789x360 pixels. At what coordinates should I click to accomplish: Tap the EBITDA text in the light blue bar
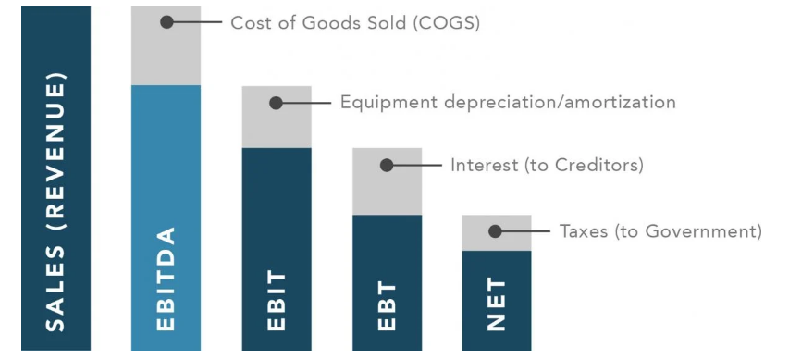166,279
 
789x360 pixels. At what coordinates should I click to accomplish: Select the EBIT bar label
276,301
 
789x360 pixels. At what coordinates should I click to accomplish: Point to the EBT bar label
387,305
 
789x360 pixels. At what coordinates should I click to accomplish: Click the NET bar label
497,305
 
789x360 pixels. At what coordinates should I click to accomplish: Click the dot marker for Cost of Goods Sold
166,21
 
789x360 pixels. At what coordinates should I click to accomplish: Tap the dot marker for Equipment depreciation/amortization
277,103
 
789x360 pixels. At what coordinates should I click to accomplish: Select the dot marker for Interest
387,165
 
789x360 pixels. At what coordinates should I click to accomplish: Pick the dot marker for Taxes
497,231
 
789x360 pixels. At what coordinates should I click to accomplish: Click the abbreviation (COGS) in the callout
449,22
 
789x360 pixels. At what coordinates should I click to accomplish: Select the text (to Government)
688,231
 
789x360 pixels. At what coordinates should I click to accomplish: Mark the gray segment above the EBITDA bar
166,56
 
